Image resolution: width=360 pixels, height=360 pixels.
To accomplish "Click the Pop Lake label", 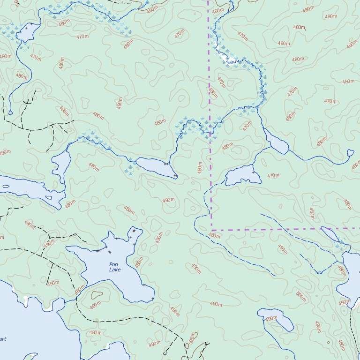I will (115, 267).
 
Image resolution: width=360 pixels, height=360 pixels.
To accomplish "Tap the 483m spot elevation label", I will (299, 28).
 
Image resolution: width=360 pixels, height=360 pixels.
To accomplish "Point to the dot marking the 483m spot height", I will (306, 30).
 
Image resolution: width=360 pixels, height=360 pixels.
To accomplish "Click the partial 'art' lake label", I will (3, 339).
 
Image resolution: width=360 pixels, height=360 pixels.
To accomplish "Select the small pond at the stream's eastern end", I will (350, 152).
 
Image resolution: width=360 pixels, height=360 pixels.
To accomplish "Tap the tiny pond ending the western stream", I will (10, 112).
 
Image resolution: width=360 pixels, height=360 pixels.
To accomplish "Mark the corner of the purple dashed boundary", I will (211, 230).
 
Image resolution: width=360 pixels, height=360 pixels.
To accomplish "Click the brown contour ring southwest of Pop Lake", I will (97, 295).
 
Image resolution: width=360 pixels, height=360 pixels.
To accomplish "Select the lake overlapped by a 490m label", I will (277, 320).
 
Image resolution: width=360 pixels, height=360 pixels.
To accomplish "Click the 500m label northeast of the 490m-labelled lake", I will (300, 296).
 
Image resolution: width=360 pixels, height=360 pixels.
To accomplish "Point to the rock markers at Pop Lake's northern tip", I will (134, 231).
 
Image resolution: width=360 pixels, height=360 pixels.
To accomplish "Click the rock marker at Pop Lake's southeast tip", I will (152, 299).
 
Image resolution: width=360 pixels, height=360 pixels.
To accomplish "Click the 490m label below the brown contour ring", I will (95, 305).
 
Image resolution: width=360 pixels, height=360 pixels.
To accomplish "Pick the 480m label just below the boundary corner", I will (214, 235).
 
